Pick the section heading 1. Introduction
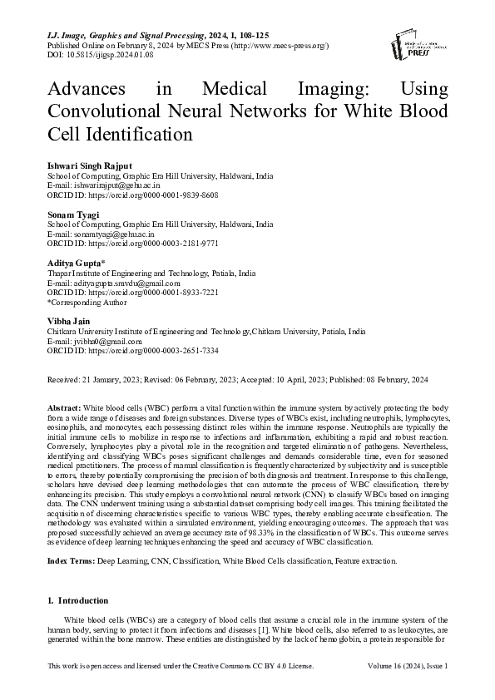click(x=78, y=600)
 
